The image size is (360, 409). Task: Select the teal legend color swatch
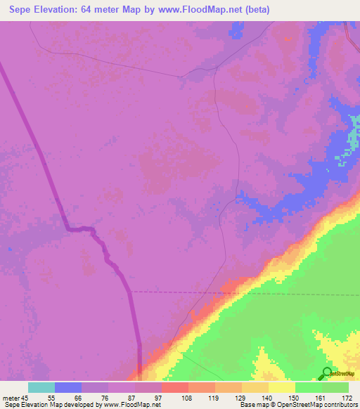tap(41, 387)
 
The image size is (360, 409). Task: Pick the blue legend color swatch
tap(68, 387)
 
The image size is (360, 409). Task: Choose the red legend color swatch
tap(175, 387)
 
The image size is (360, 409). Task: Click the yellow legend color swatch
tap(282, 387)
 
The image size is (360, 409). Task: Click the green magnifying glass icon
tap(327, 373)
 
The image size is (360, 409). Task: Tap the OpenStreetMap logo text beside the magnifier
tap(344, 374)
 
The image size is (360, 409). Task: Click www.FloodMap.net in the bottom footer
tap(134, 404)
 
